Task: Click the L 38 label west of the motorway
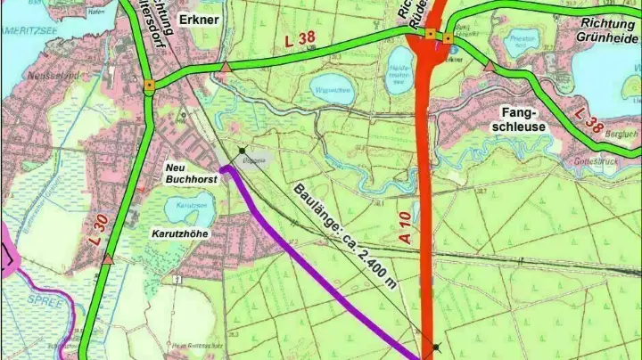[300, 40]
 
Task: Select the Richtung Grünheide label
[596, 30]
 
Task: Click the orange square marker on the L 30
[150, 86]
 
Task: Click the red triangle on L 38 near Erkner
[226, 66]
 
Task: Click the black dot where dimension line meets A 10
[435, 347]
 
